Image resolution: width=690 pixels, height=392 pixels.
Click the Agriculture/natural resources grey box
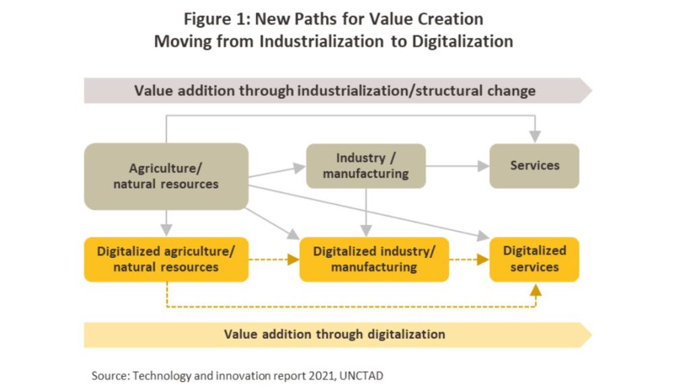(166, 176)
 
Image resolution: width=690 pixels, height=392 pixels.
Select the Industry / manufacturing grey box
(366, 166)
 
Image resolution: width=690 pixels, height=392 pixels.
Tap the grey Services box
(534, 166)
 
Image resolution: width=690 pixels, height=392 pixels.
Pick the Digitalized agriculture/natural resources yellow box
(166, 259)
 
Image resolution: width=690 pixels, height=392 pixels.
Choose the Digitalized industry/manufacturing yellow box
(374, 259)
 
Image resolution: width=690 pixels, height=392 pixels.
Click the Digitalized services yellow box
(534, 259)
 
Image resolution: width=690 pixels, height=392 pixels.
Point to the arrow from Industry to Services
(458, 166)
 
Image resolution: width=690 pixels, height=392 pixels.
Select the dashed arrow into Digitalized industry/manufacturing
(274, 259)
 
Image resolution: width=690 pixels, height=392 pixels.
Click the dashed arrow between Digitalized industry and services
(469, 259)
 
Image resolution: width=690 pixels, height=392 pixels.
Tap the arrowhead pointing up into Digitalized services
(536, 290)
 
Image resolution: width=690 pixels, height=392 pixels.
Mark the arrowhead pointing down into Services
(535, 136)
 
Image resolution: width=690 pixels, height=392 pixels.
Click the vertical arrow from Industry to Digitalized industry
(366, 212)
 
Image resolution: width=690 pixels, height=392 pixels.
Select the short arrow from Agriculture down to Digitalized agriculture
(166, 224)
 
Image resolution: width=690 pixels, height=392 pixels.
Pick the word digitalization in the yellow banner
(406, 334)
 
